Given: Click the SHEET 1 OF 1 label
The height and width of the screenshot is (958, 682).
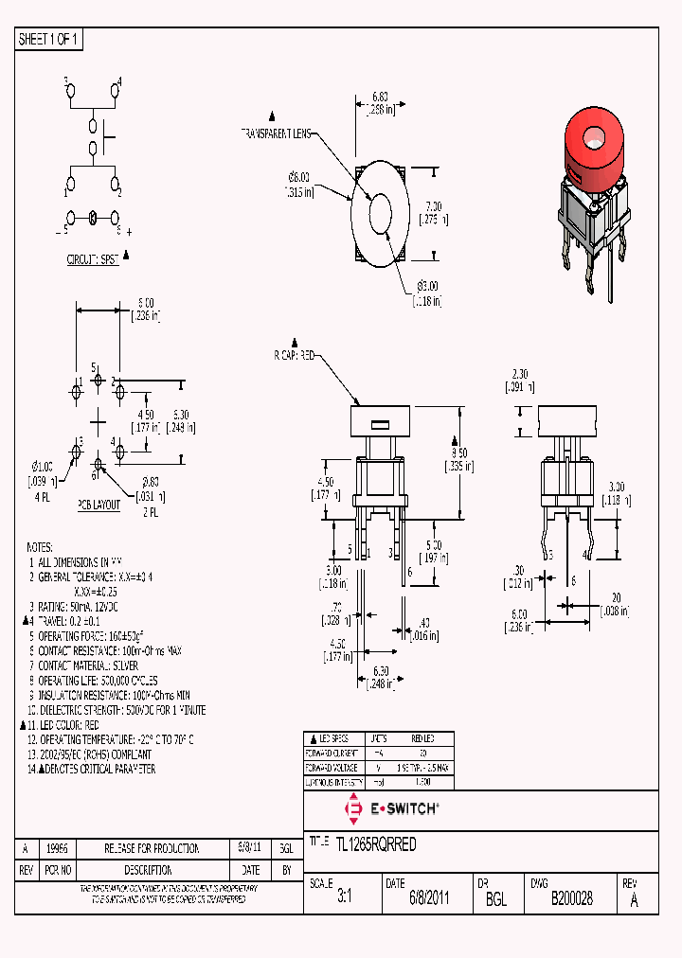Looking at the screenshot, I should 49,39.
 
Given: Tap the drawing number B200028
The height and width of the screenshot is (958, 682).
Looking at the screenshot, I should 571,899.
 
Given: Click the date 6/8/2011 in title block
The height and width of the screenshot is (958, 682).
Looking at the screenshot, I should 429,899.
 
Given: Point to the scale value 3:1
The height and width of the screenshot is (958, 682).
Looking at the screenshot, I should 344,899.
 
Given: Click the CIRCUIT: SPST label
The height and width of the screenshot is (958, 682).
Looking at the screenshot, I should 93,258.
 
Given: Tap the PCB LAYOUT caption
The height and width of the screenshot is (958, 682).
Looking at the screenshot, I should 99,506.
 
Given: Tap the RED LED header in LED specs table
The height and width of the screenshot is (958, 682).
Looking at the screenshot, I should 422,738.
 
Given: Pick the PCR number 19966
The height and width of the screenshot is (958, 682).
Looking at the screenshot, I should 57,848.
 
